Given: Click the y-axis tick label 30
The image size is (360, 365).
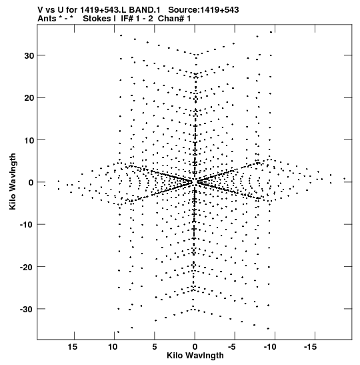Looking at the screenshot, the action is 29,55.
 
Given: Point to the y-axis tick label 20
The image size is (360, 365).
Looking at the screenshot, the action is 29,98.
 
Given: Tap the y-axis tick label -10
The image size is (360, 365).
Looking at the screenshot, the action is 27,225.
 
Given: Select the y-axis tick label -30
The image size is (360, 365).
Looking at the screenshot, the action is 27,309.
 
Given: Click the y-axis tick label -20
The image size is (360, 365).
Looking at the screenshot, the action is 27,267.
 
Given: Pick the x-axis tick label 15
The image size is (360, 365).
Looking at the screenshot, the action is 73,347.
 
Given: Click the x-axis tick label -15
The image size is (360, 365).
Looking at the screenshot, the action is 310,347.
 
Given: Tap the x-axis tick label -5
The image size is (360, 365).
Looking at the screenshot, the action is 232,347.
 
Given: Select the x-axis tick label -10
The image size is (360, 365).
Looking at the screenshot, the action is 270,347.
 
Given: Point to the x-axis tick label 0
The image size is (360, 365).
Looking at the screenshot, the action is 195,347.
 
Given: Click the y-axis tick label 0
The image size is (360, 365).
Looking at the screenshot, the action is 31,183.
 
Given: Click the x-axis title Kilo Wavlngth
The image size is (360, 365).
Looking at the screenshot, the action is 195,356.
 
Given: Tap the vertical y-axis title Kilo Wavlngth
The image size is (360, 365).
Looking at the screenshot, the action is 13,181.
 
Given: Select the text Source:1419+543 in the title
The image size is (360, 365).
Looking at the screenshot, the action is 203,10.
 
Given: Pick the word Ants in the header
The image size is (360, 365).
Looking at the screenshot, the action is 47,19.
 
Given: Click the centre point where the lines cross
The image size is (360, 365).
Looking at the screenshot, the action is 195,181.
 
